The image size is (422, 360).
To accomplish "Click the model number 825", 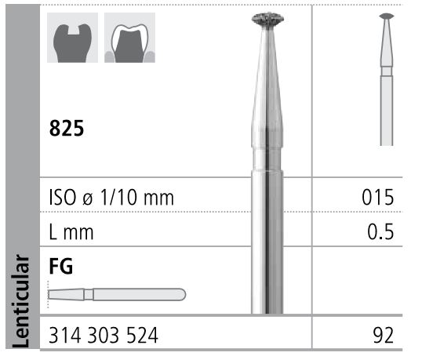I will pyautogui.click(x=67, y=128).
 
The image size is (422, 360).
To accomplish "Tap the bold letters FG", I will pyautogui.click(x=60, y=266).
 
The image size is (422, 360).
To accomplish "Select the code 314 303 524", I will pyautogui.click(x=103, y=337).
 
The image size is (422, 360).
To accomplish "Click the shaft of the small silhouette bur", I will pyautogui.click(x=386, y=110).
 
